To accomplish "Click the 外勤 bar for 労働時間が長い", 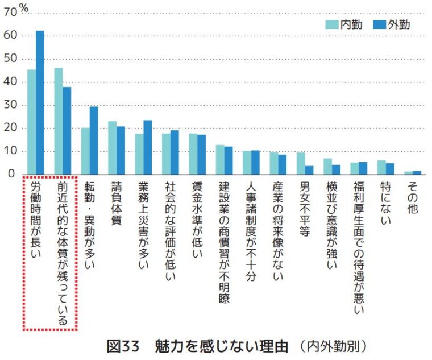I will (40, 102).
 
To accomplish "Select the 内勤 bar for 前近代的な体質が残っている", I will (58, 121).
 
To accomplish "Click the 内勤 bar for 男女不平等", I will (301, 163).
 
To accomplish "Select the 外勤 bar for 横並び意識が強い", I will (336, 169).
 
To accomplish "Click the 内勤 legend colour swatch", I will (332, 24).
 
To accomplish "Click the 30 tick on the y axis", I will (10, 105).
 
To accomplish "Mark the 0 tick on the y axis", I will (14, 174).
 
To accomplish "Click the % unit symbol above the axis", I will (24, 6).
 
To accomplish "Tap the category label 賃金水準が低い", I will (197, 220).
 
